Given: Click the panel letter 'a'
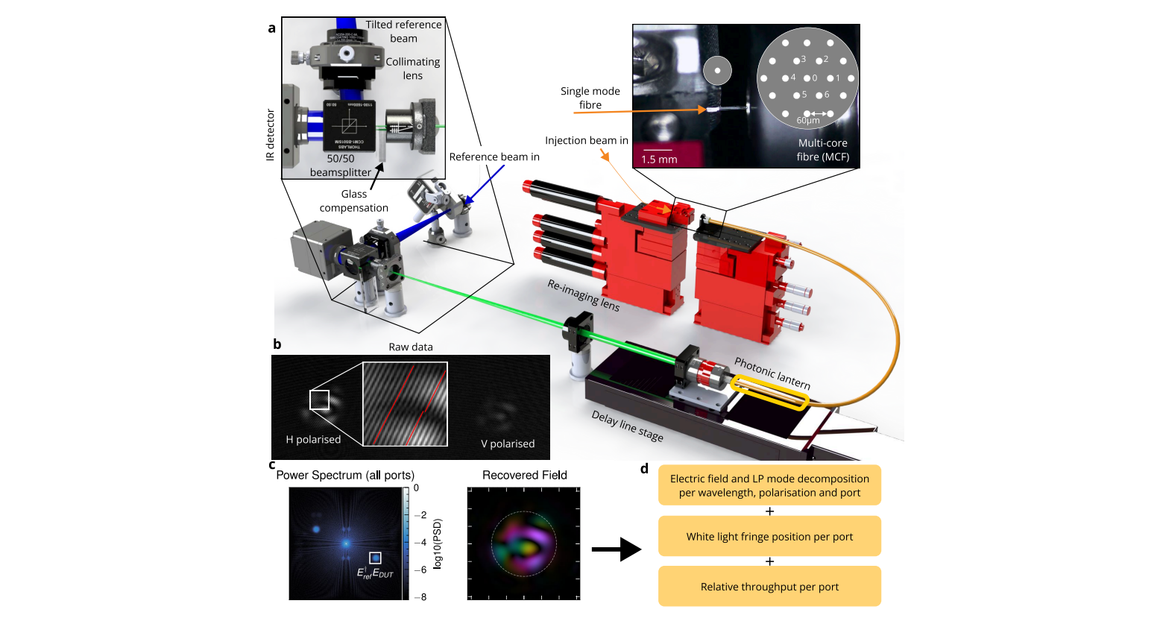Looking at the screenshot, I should pos(271,28).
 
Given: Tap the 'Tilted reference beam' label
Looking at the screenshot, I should pos(403,31).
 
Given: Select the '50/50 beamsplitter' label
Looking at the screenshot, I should pos(341,165).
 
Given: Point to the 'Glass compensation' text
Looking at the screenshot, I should pos(354,201).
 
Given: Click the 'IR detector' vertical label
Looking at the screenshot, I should pos(271,135).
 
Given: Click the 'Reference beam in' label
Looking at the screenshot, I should pos(494,157).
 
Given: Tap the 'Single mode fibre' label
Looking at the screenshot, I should pos(590,98).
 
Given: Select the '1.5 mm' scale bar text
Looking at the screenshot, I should pos(659,160).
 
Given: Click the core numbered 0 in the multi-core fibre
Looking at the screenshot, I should pos(807,78).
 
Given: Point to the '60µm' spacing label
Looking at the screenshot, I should pos(808,121).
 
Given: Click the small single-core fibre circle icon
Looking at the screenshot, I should pos(717,71).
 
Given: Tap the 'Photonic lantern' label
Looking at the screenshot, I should pos(772,373).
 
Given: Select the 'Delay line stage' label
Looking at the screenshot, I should pos(627,426).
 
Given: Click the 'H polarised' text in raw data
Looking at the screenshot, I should pos(313,439).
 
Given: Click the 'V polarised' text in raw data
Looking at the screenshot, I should pos(508,444).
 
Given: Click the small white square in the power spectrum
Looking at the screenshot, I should pos(375,558).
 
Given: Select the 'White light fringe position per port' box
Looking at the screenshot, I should pos(769,536).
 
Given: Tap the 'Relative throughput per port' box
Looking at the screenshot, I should pos(769,587).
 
